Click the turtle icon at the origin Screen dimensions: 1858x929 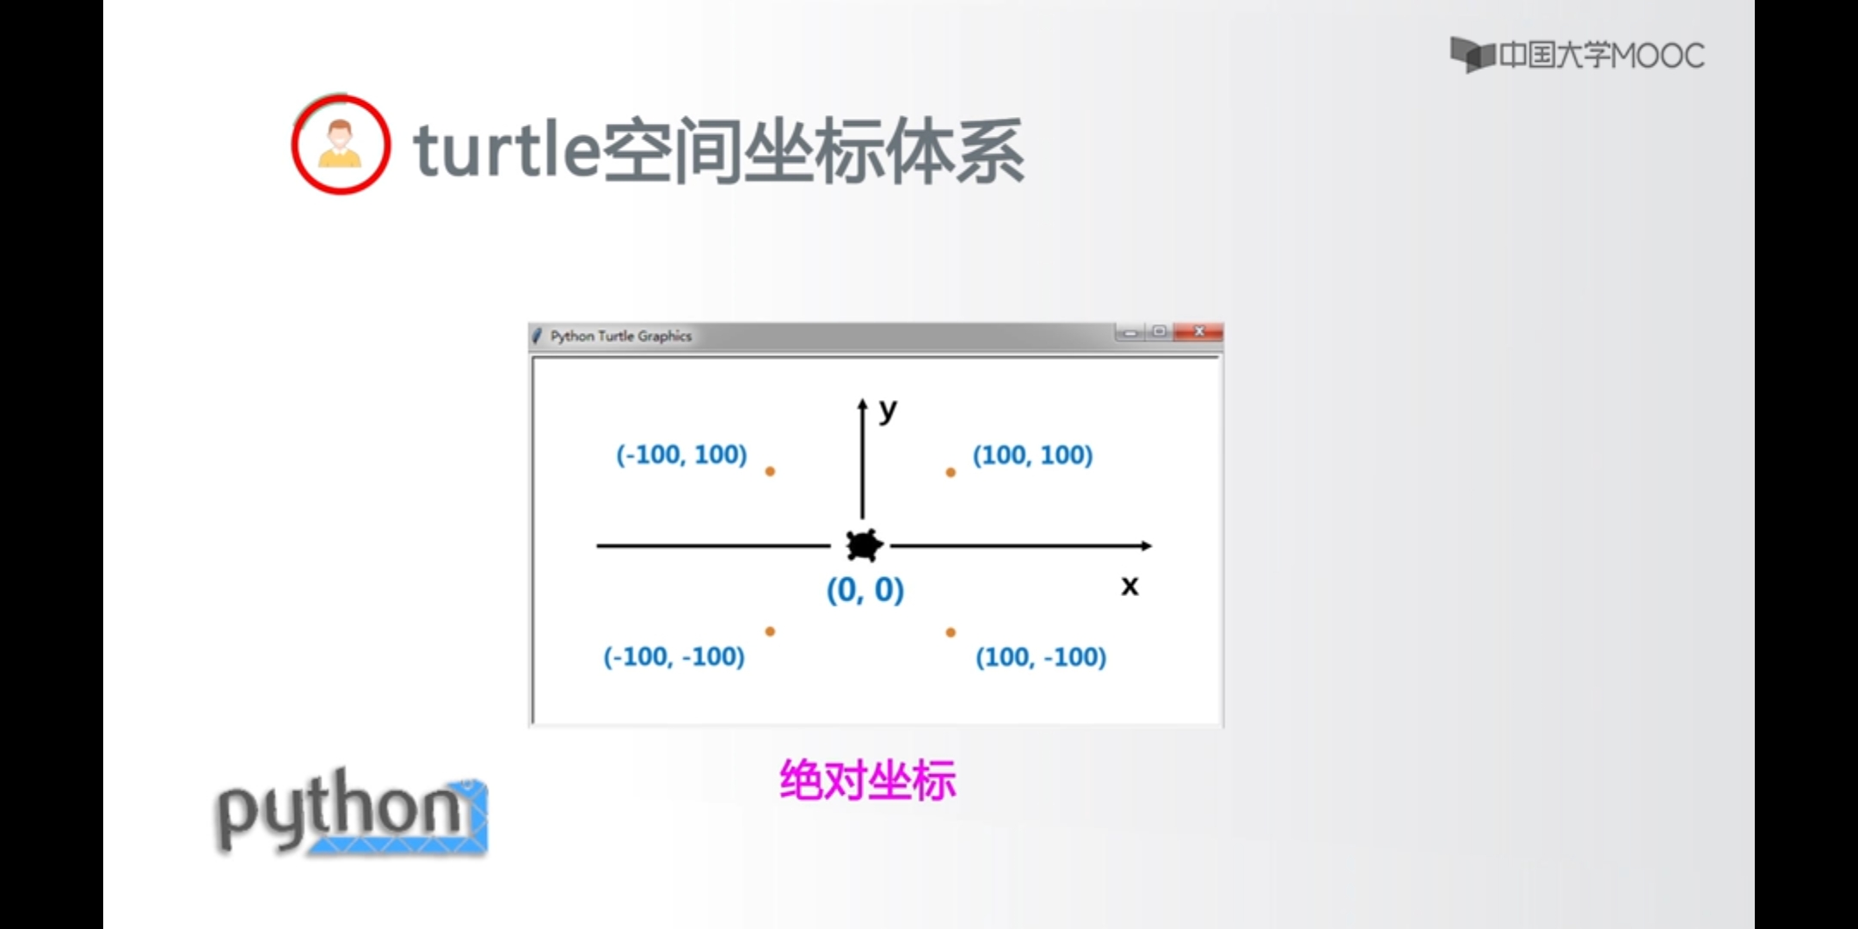pyautogui.click(x=864, y=545)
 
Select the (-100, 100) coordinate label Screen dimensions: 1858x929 pyautogui.click(x=681, y=454)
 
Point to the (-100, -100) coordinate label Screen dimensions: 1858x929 pyautogui.click(x=674, y=656)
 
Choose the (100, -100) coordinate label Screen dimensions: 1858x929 pyautogui.click(x=1041, y=657)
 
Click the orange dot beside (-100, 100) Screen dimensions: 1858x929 pyautogui.click(x=770, y=471)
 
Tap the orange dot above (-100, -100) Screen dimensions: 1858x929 pyautogui.click(x=770, y=631)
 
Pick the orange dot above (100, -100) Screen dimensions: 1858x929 pyautogui.click(x=951, y=632)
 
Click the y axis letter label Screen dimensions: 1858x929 pyautogui.click(x=888, y=410)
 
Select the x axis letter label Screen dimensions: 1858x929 pyautogui.click(x=1129, y=586)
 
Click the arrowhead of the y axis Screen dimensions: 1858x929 pyautogui.click(x=862, y=404)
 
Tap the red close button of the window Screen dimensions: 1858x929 pyautogui.click(x=1199, y=331)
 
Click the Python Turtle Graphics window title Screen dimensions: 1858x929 pyautogui.click(x=621, y=335)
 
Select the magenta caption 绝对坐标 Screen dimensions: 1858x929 pyautogui.click(x=867, y=780)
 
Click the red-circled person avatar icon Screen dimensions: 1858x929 pyautogui.click(x=341, y=145)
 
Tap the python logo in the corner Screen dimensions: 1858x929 pyautogui.click(x=352, y=812)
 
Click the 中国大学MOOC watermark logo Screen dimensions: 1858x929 pyautogui.click(x=1577, y=55)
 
